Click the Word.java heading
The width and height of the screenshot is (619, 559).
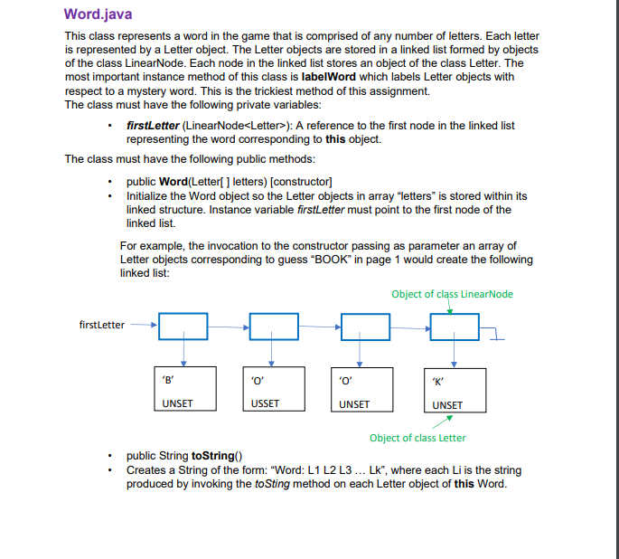coord(98,15)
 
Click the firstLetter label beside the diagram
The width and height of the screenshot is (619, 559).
coord(102,325)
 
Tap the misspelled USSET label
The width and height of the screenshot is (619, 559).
coord(265,403)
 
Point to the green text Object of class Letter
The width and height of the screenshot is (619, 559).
coord(417,439)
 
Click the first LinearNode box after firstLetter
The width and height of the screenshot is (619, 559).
coord(183,327)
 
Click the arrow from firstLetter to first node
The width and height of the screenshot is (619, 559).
coord(143,325)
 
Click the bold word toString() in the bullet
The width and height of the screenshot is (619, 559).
coord(212,457)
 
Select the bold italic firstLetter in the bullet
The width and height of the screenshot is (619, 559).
coord(153,125)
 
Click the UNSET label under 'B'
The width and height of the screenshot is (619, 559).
coord(176,403)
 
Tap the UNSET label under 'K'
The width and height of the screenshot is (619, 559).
coord(447,404)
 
